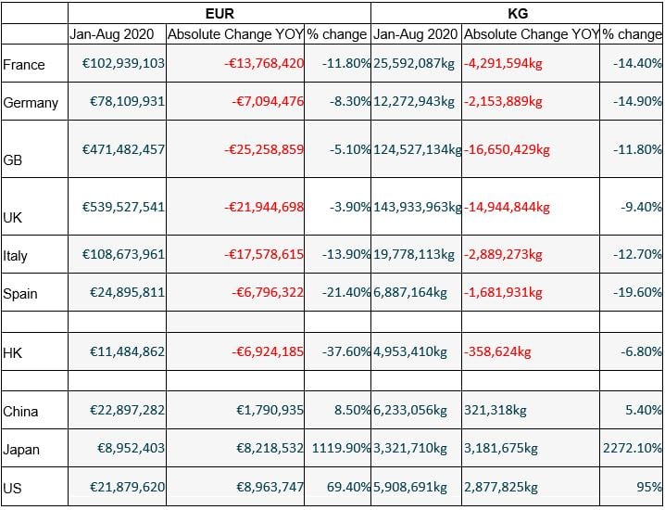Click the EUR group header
219,13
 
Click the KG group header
518,13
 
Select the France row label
24,64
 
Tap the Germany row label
31,102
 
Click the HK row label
13,352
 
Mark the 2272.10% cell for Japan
631,448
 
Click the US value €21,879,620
127,487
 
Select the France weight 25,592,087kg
414,63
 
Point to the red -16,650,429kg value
508,148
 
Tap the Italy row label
16,256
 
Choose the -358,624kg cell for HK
498,351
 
